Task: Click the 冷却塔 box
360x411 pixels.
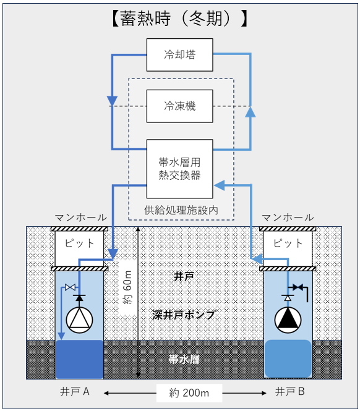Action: (x=180, y=55)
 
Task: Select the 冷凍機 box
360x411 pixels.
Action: (x=180, y=106)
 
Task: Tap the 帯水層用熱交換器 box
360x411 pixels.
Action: (x=180, y=169)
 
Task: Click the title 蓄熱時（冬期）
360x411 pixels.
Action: (x=180, y=19)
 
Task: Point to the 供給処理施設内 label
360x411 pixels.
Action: (x=181, y=210)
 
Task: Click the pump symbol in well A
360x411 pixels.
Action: (x=79, y=320)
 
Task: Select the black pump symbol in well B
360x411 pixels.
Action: (x=288, y=320)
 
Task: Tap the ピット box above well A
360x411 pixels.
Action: (x=79, y=248)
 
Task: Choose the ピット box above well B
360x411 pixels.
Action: (x=288, y=248)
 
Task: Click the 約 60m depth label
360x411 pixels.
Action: (x=127, y=287)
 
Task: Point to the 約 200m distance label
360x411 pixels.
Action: (x=189, y=393)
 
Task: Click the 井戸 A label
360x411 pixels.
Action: (x=75, y=392)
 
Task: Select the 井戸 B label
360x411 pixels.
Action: (x=290, y=392)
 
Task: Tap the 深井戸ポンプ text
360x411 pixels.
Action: (x=184, y=315)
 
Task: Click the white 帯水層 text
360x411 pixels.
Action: (x=184, y=359)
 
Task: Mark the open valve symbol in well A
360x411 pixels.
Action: (x=70, y=287)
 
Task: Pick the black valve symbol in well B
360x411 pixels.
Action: (x=298, y=287)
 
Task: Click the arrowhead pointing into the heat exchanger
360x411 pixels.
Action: (x=220, y=185)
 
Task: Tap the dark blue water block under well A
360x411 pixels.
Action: (x=80, y=359)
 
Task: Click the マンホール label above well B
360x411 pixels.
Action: (x=288, y=218)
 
